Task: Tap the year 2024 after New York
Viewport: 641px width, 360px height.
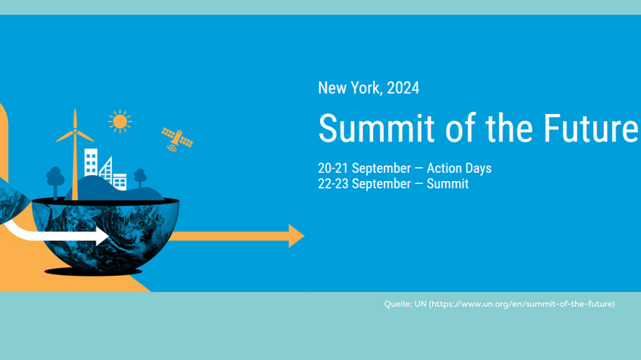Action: (x=403, y=88)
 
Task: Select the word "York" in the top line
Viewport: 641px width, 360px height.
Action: (x=366, y=88)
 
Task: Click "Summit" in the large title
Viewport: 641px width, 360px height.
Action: (x=376, y=128)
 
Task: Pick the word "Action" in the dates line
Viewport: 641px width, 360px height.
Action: (x=446, y=169)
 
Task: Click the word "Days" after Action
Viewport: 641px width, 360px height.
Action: (x=478, y=169)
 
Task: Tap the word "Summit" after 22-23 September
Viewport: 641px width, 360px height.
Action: (x=448, y=184)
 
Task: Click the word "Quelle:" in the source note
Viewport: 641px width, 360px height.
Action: (x=397, y=304)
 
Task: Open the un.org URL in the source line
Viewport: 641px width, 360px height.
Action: (x=521, y=304)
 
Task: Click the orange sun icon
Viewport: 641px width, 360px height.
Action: (x=120, y=122)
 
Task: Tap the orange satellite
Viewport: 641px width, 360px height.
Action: (x=177, y=138)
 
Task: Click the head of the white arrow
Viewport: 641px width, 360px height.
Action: (x=103, y=237)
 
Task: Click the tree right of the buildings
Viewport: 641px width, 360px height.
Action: (x=140, y=177)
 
